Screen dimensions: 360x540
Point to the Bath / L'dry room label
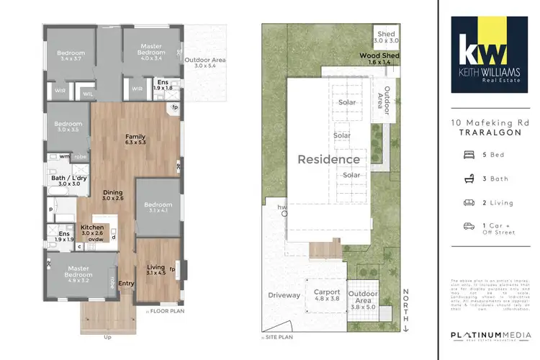pos(66,180)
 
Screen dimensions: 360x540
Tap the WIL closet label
pos(88,93)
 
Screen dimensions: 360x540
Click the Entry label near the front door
pos(126,283)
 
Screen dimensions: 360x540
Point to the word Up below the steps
pos(107,336)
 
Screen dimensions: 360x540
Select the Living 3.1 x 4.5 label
pos(156,269)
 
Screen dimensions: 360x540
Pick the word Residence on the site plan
pos(329,159)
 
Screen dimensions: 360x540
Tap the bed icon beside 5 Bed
pos(469,154)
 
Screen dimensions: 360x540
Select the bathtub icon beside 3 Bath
pos(469,178)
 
